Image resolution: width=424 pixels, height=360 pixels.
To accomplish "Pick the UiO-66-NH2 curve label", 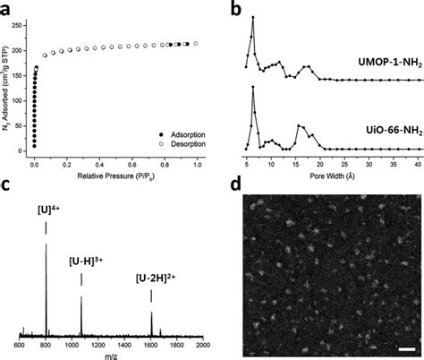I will tap(380, 130).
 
